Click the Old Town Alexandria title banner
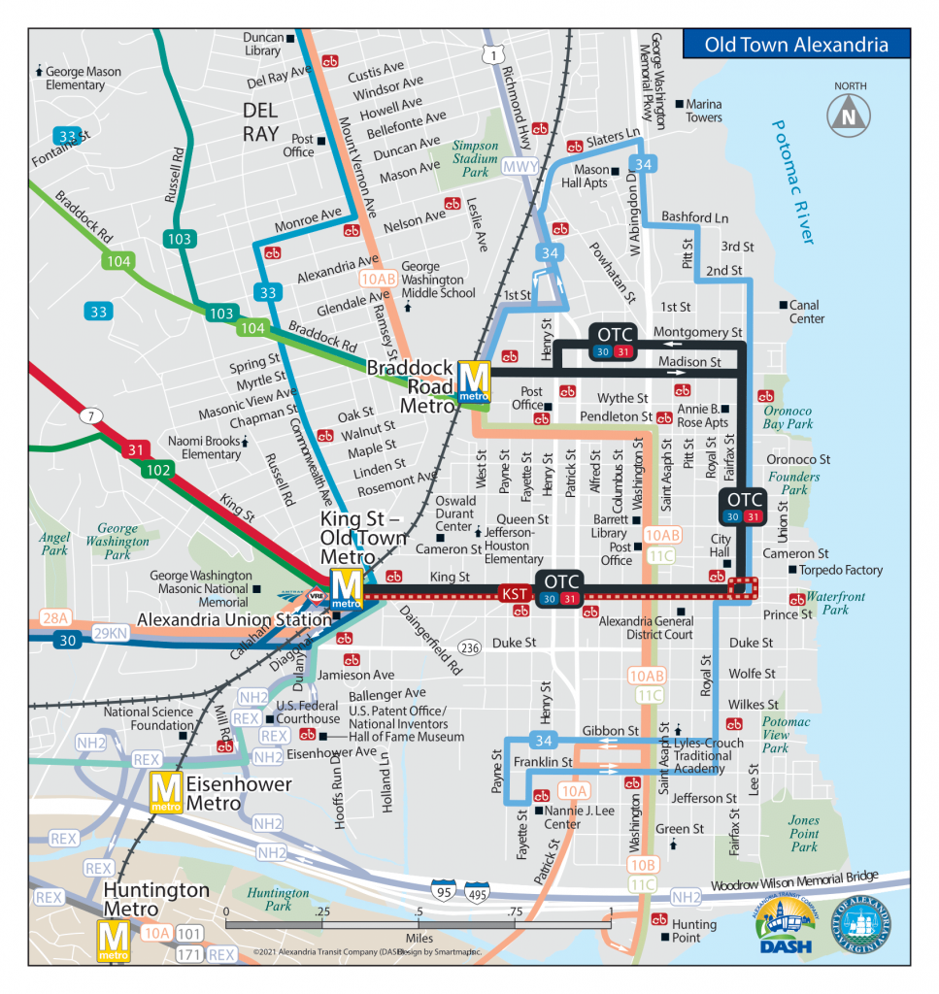click(795, 45)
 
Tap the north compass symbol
click(847, 114)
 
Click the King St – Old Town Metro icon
click(346, 586)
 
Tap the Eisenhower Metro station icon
click(164, 791)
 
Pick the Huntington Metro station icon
click(114, 940)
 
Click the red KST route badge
click(514, 593)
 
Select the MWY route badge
click(520, 166)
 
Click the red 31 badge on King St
click(134, 449)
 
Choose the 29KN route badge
click(112, 633)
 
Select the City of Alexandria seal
click(860, 926)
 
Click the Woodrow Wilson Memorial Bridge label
click(794, 879)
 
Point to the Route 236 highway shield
click(470, 647)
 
